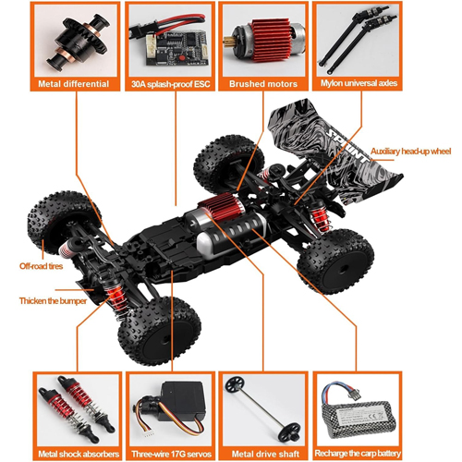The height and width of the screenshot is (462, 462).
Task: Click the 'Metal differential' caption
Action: tap(74, 84)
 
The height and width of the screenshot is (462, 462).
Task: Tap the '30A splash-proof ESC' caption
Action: tap(170, 84)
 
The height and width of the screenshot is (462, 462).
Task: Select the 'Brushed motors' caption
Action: tap(263, 84)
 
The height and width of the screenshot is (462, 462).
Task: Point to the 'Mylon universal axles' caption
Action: tap(359, 83)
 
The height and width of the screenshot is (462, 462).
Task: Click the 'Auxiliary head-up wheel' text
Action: tap(410, 152)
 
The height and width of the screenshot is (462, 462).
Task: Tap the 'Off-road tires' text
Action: tap(41, 266)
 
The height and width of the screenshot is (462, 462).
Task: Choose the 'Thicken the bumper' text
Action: tap(53, 301)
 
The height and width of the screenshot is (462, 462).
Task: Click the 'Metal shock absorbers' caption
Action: tap(79, 454)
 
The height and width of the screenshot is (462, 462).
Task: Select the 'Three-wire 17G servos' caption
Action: tap(172, 454)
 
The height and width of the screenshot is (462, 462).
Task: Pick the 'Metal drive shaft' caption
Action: tap(265, 454)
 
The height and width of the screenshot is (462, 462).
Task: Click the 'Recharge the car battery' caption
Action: tap(358, 454)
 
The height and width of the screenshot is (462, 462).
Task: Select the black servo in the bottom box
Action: tap(182, 401)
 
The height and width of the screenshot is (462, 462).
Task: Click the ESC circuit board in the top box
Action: tap(176, 48)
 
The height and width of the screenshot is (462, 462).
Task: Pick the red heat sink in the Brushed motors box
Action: tap(271, 40)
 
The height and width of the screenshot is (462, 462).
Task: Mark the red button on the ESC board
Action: tap(174, 58)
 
